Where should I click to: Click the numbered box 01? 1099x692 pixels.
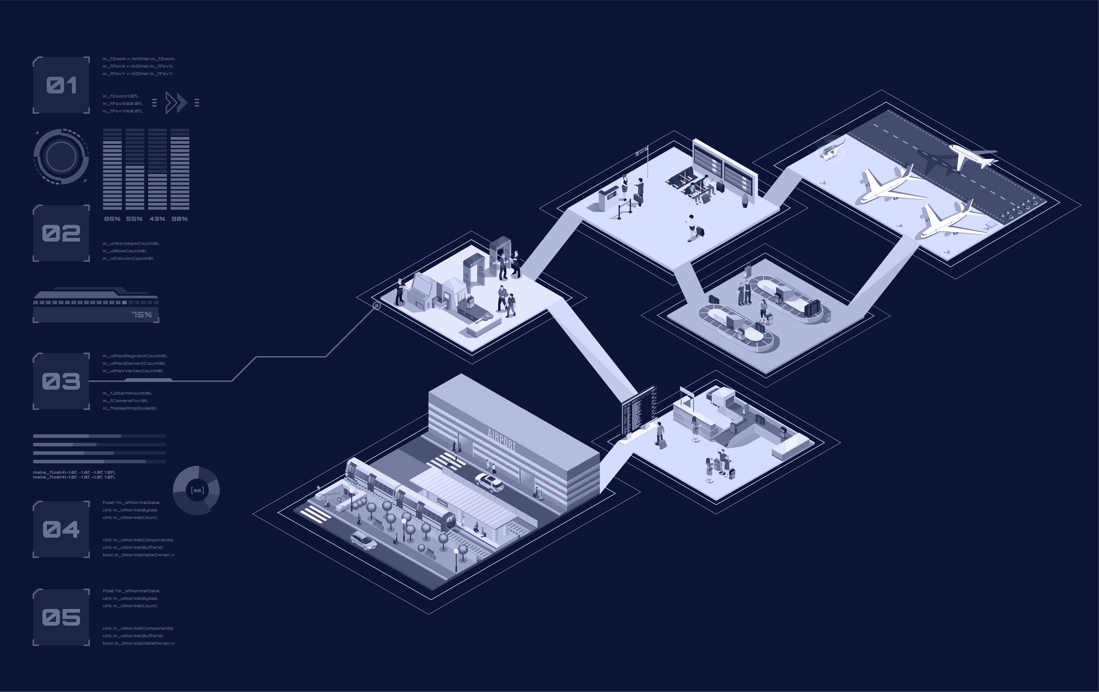(x=61, y=85)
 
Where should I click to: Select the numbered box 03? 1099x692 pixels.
(x=61, y=381)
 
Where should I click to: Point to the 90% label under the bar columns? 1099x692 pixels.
(x=179, y=219)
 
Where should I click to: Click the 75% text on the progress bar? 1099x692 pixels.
(x=141, y=315)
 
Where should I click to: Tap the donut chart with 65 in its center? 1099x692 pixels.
(x=196, y=490)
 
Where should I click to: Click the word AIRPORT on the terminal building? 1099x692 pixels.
(x=502, y=439)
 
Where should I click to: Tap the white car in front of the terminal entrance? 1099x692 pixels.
(x=489, y=482)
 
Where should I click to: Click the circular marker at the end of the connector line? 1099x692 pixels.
(x=377, y=306)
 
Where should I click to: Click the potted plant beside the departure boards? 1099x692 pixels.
(x=746, y=200)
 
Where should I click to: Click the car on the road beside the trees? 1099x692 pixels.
(x=363, y=541)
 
